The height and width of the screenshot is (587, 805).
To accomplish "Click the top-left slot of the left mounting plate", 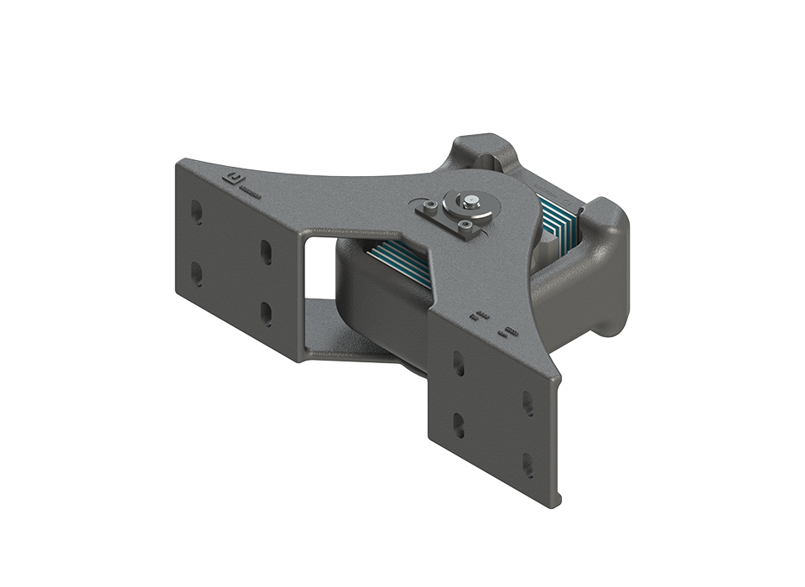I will point(196,211).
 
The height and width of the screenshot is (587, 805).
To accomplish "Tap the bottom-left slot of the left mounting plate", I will point(196,274).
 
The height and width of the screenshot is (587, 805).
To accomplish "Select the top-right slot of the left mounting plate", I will point(266,252).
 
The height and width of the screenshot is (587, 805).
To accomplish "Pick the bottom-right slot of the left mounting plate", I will point(266,314).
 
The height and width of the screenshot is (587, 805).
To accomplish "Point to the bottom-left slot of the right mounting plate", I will point(459,423).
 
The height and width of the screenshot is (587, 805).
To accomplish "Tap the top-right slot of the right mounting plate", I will point(528,404).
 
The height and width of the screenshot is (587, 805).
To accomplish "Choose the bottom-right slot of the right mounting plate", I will point(528,465).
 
